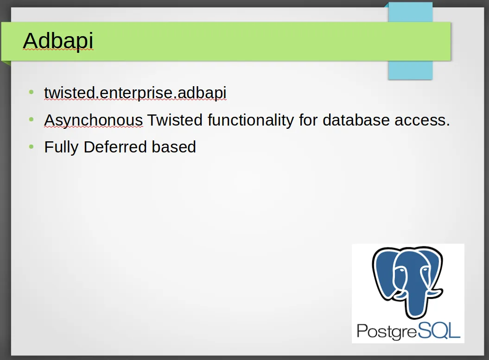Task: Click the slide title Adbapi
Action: pyautogui.click(x=58, y=40)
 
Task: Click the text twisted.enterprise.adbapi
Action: pyautogui.click(x=135, y=93)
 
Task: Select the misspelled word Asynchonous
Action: pyautogui.click(x=94, y=120)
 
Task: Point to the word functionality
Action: pyautogui.click(x=251, y=120)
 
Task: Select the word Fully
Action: pyautogui.click(x=62, y=147)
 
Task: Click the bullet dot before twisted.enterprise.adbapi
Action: pyautogui.click(x=31, y=92)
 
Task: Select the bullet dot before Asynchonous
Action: pyautogui.click(x=31, y=119)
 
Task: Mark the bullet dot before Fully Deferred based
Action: pyautogui.click(x=31, y=146)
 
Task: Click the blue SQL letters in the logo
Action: pyautogui.click(x=439, y=330)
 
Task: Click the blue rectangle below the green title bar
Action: pyautogui.click(x=410, y=70)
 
